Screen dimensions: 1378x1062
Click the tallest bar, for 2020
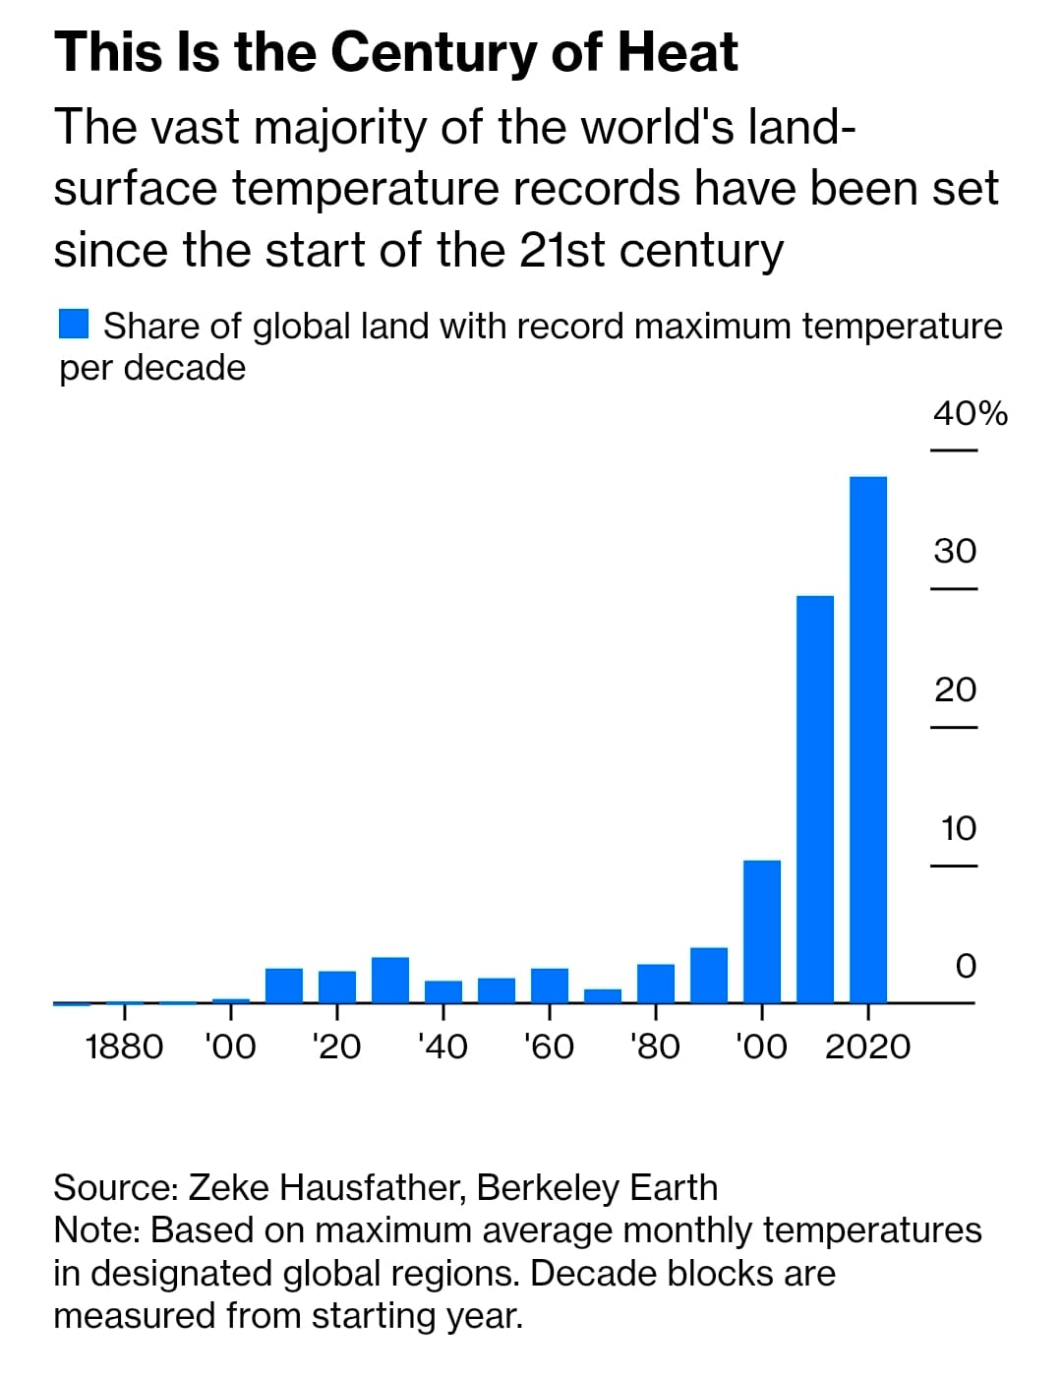[x=868, y=738]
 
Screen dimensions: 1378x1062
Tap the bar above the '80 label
[x=656, y=983]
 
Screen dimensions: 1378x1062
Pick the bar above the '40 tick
[x=443, y=991]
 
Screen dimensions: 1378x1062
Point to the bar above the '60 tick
[x=550, y=986]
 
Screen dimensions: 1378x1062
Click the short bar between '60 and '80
[x=603, y=995]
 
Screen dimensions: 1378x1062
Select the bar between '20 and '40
[x=390, y=980]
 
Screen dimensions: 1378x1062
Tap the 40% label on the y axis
[x=970, y=414]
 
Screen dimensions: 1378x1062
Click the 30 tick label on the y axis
[x=955, y=551]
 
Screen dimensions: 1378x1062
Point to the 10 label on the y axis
[x=958, y=828]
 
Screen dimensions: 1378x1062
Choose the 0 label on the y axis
[x=966, y=966]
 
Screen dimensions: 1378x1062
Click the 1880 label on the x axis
[x=124, y=1047]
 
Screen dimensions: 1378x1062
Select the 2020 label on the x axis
[x=867, y=1047]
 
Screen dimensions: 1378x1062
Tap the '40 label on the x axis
[x=442, y=1047]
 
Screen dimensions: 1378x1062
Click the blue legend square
[x=74, y=324]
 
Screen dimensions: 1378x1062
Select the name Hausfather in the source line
[x=371, y=1188]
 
